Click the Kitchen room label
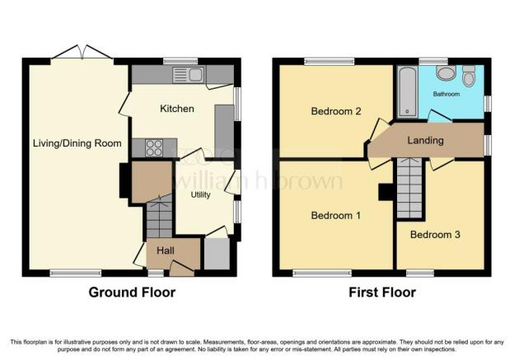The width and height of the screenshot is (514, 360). (x=177, y=108)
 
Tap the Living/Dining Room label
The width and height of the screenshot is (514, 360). (x=77, y=143)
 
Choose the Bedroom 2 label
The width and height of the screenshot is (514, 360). (x=334, y=111)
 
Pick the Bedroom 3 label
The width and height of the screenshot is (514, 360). (x=435, y=235)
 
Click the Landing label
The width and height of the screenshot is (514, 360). (x=425, y=140)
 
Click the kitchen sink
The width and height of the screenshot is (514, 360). (x=189, y=76)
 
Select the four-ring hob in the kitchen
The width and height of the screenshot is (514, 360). (x=155, y=147)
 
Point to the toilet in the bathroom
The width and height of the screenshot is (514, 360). (x=469, y=76)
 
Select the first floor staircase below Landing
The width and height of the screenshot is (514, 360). (x=409, y=187)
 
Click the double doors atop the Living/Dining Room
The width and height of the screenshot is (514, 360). (x=81, y=54)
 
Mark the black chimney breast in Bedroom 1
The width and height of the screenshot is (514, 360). (x=385, y=191)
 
